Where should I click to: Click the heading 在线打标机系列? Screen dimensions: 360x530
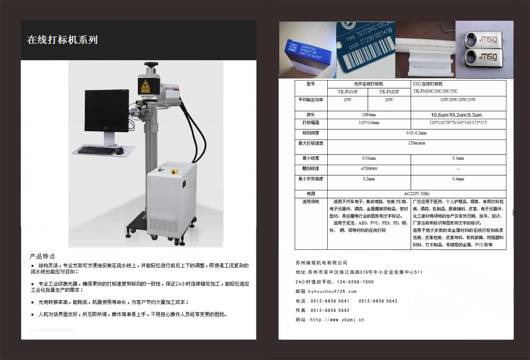tap(62, 40)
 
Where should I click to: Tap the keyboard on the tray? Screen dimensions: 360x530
tap(96, 150)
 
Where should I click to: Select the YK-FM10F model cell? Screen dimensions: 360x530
tap(347, 92)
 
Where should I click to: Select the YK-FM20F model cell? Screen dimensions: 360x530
tap(389, 92)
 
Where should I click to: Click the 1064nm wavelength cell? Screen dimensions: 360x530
tap(368, 115)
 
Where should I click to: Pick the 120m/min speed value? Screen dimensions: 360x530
tap(416, 143)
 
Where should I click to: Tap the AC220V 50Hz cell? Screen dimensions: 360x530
tap(416, 194)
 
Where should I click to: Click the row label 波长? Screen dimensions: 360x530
tap(311, 115)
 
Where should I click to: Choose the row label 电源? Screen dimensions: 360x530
tap(311, 194)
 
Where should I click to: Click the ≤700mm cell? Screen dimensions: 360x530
tap(368, 168)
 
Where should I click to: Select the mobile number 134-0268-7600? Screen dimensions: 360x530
tap(355, 282)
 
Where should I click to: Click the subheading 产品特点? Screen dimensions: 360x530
tap(42, 256)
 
